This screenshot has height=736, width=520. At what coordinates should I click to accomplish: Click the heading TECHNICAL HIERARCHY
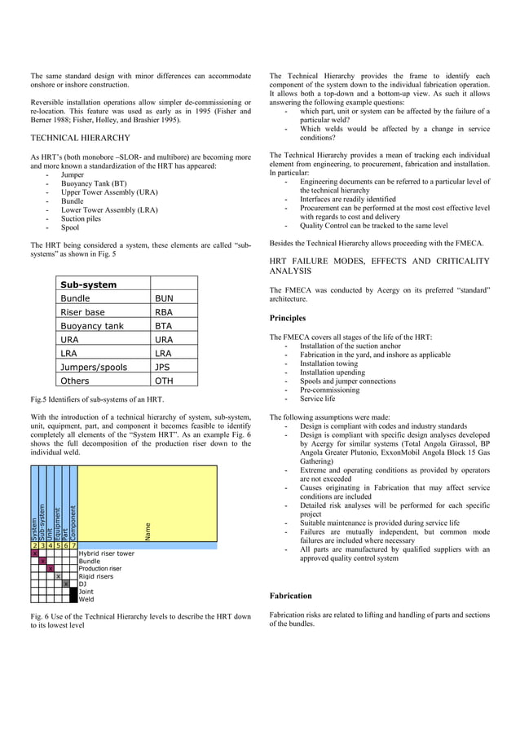pyautogui.click(x=79, y=139)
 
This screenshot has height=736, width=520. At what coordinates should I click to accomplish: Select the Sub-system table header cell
pyautogui.click(x=89, y=284)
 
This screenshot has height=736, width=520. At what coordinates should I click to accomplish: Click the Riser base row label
pyautogui.click(x=82, y=312)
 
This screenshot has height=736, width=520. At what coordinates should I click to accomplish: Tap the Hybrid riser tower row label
pyautogui.click(x=107, y=553)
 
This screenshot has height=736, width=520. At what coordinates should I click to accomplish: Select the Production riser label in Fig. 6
pyautogui.click(x=100, y=568)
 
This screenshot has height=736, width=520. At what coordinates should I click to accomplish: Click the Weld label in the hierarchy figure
pyautogui.click(x=86, y=599)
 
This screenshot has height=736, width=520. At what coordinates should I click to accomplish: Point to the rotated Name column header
pyautogui.click(x=148, y=531)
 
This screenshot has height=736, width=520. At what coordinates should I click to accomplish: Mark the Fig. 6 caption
pyautogui.click(x=139, y=621)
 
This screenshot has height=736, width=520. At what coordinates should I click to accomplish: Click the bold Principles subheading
pyautogui.click(x=287, y=318)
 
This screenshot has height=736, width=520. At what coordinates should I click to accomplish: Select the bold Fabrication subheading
pyautogui.click(x=290, y=596)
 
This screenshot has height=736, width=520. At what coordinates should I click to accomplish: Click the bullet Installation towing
pyautogui.click(x=328, y=364)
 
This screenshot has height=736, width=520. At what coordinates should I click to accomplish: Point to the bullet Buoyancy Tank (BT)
pyautogui.click(x=94, y=183)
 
